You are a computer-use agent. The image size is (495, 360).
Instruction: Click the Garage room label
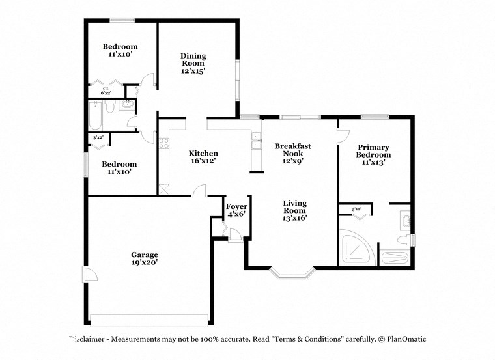pyautogui.click(x=144, y=255)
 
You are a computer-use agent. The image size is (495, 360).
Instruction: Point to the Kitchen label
pyautogui.click(x=203, y=153)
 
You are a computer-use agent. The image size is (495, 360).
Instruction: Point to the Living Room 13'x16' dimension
pyautogui.click(x=294, y=218)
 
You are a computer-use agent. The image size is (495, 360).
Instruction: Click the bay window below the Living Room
pyautogui.click(x=292, y=273)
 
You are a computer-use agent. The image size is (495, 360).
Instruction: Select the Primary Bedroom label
pyautogui.click(x=373, y=151)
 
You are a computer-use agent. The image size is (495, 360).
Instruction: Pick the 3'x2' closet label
pyautogui.click(x=98, y=137)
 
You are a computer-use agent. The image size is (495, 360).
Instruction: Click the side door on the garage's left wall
pyautogui.click(x=89, y=273)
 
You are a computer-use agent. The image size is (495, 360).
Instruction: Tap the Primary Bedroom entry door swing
pyautogui.click(x=341, y=135)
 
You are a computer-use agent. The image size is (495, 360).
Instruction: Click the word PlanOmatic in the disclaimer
pyautogui.click(x=406, y=339)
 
